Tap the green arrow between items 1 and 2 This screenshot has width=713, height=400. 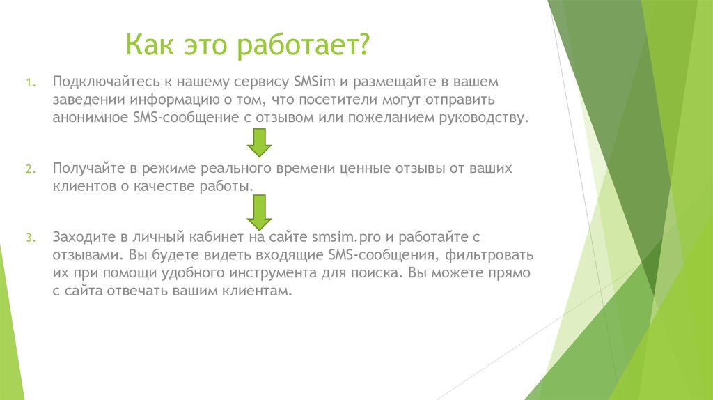click(259, 143)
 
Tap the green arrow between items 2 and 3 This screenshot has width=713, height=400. click(259, 212)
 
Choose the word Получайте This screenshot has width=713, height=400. click(84, 169)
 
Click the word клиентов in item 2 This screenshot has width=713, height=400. click(80, 187)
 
